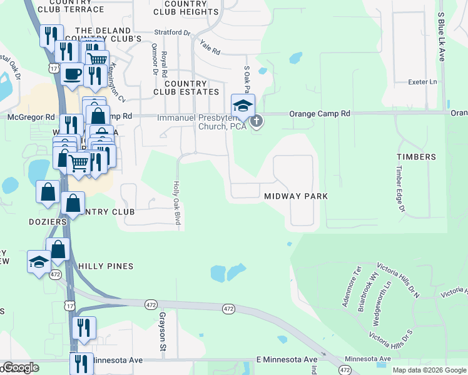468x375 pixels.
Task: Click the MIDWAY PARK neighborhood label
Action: pos(296,196)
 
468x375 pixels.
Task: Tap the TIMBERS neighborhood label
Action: pos(416,157)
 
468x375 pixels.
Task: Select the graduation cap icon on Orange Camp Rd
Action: pos(243,104)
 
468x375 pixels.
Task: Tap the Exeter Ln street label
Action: pos(422,82)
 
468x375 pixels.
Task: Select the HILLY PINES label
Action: pos(106,266)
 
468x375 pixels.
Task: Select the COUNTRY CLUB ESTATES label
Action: pos(186,87)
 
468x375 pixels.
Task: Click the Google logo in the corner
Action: pos(20,367)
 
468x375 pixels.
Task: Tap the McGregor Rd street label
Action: pos(31,117)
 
